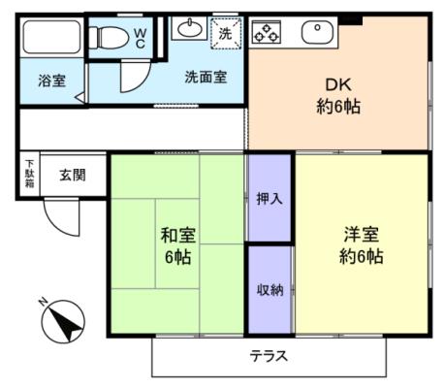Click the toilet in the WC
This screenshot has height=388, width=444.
point(109,37)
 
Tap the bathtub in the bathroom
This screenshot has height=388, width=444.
point(51,37)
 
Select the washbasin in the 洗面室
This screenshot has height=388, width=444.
point(189,28)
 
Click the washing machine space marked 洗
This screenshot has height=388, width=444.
point(226,33)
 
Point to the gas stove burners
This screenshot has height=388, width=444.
point(267,32)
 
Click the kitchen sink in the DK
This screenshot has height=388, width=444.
point(317,33)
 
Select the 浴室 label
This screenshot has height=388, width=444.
point(51,81)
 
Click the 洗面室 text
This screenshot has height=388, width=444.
point(206,77)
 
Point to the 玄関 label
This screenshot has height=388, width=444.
point(73,175)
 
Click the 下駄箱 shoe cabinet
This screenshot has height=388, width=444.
point(30,174)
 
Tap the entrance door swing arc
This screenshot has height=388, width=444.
point(55,223)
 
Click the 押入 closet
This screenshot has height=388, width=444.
point(270,198)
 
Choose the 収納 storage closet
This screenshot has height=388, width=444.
point(270,290)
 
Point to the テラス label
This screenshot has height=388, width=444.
point(269,356)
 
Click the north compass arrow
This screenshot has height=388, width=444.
point(65,321)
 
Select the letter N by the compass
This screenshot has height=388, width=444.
point(43,303)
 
